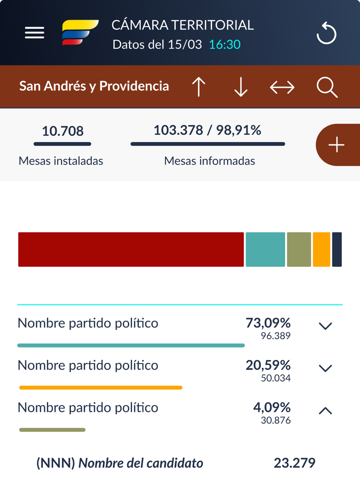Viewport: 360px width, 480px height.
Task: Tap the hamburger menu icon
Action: click(x=35, y=33)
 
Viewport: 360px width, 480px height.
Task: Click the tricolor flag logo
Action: click(x=80, y=32)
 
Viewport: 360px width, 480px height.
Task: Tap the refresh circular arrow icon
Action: click(x=327, y=33)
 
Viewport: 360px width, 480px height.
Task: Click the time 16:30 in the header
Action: click(x=225, y=45)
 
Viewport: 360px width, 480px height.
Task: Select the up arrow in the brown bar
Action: click(x=198, y=87)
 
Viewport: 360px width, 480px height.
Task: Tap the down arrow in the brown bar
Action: click(x=241, y=87)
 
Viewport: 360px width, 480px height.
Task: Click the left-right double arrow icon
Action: click(x=282, y=87)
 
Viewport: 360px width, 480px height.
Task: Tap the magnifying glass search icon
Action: click(x=327, y=87)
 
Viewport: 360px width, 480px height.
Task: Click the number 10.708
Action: click(x=63, y=131)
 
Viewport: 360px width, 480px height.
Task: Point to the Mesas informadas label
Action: click(x=210, y=161)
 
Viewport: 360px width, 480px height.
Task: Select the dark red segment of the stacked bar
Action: click(x=131, y=249)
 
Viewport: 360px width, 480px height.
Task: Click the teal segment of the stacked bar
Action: click(x=265, y=249)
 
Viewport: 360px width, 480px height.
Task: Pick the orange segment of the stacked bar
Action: click(x=321, y=249)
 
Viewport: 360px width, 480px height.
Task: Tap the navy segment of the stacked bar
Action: click(x=337, y=249)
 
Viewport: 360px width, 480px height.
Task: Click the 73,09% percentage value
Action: click(x=268, y=323)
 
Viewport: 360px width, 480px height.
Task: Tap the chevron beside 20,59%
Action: click(x=325, y=368)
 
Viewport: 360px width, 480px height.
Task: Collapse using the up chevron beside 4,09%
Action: click(x=325, y=411)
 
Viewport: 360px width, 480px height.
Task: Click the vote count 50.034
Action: click(x=276, y=378)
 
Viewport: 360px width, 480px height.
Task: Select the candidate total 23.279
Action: click(x=294, y=463)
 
